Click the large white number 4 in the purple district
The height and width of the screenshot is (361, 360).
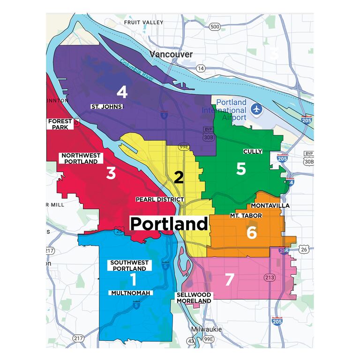click(x=121, y=92)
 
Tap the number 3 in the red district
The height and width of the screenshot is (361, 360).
click(x=111, y=173)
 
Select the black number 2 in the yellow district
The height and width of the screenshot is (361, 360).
click(x=179, y=177)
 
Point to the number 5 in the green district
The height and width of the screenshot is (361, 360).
click(x=241, y=169)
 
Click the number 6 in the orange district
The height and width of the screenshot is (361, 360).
click(x=252, y=232)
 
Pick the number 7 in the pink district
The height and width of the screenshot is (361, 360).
click(x=229, y=279)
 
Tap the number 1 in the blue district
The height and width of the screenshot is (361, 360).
click(x=133, y=280)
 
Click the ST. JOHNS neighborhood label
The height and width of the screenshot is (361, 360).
click(x=107, y=107)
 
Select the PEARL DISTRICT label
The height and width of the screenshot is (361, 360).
click(x=159, y=199)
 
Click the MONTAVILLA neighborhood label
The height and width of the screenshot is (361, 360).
click(x=270, y=205)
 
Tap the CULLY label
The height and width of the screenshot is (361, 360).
click(x=252, y=151)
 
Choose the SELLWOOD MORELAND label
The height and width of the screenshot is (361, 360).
click(x=194, y=298)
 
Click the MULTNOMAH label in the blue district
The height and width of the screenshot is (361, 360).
click(x=131, y=293)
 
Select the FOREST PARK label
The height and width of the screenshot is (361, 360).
click(x=60, y=124)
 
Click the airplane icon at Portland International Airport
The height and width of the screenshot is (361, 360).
click(x=256, y=109)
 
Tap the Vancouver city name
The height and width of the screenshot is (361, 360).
click(x=171, y=54)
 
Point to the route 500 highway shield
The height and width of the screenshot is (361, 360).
click(x=215, y=27)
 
